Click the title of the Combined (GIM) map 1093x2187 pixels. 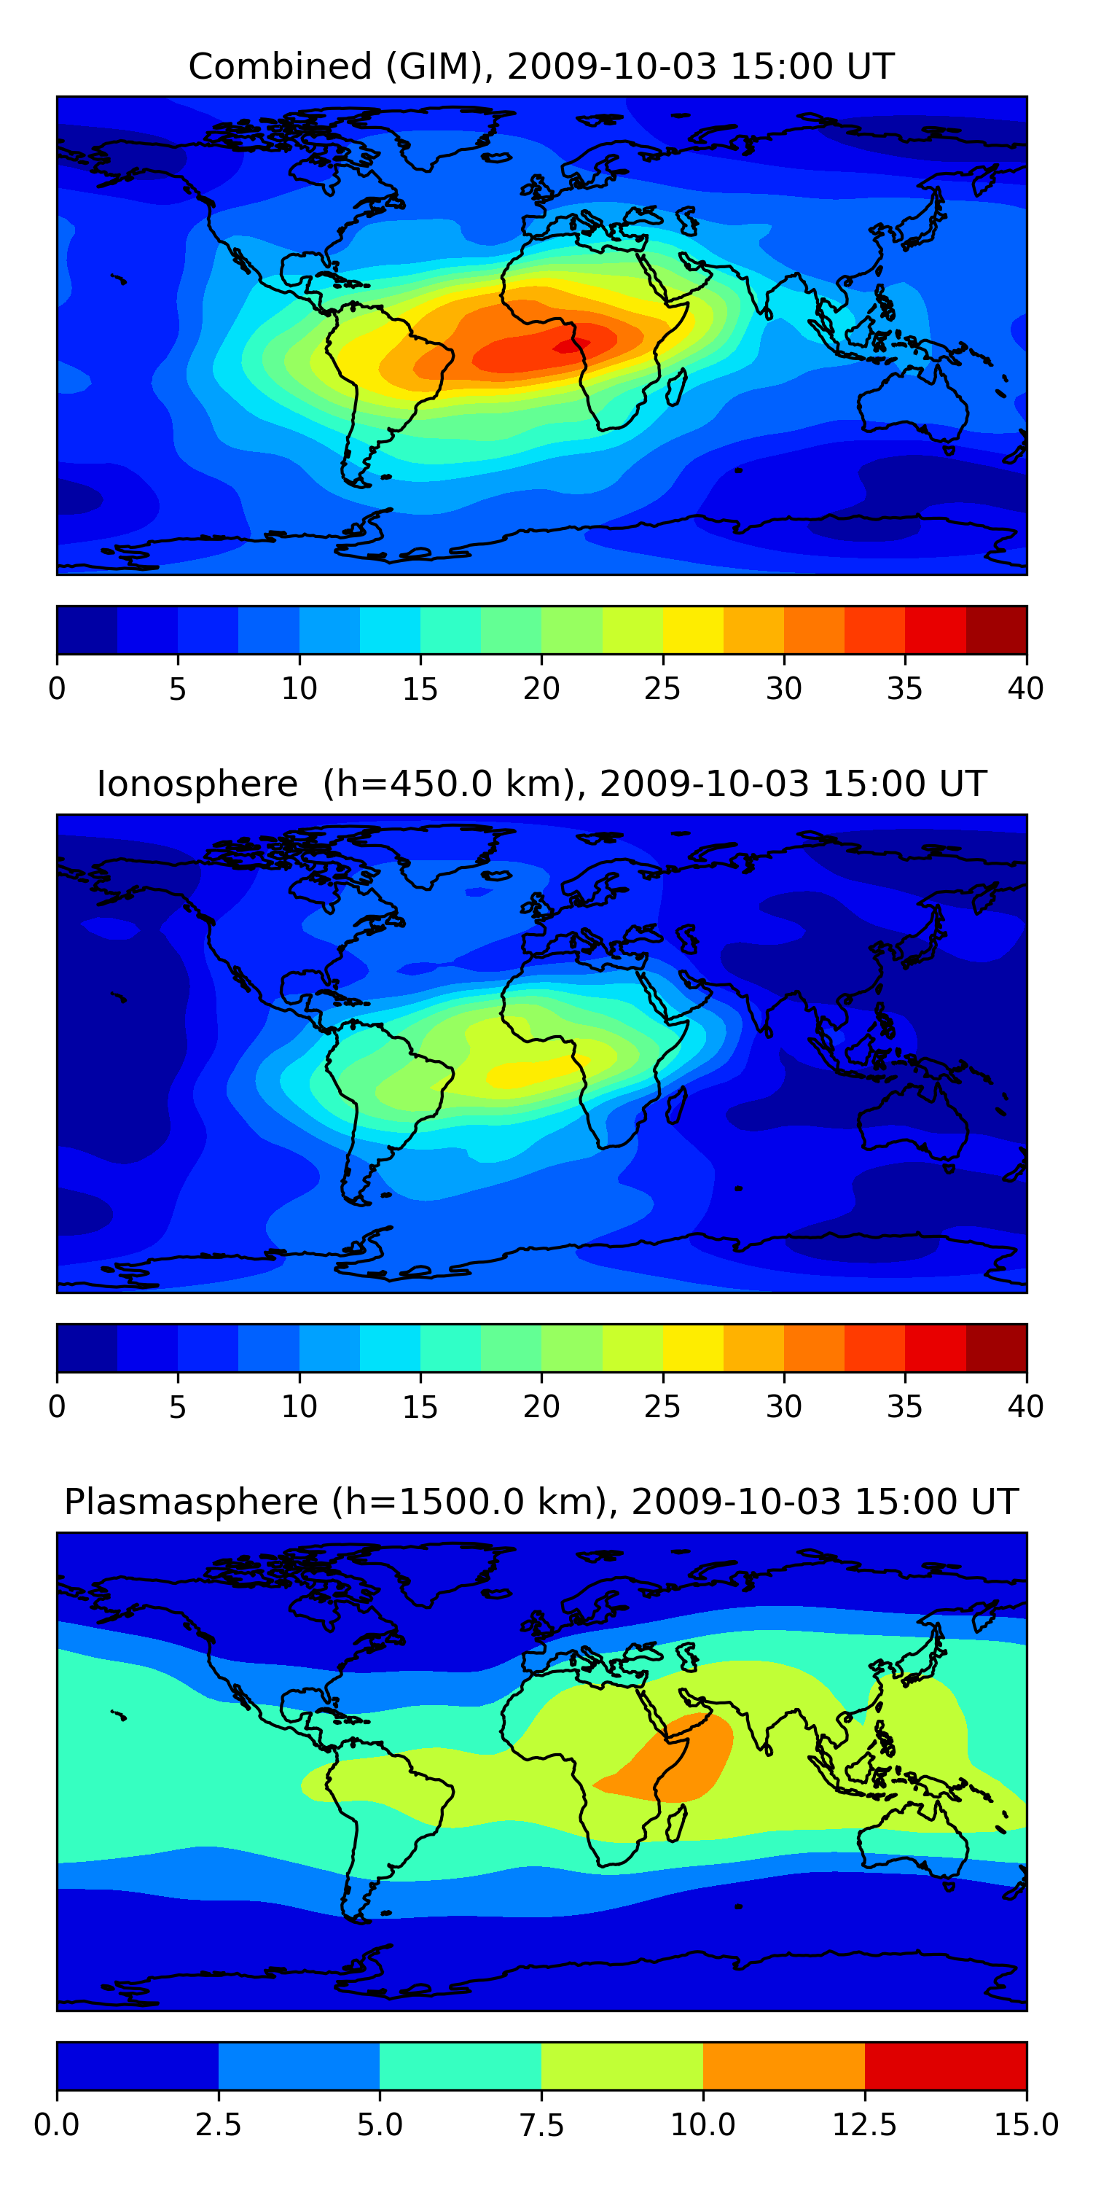541,66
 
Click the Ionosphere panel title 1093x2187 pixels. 541,784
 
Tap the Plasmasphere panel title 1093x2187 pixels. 541,1501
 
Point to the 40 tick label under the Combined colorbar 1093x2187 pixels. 1025,688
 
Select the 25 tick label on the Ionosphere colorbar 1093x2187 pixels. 662,1406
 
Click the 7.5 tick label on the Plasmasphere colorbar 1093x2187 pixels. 541,2124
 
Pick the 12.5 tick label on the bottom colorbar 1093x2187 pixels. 864,2124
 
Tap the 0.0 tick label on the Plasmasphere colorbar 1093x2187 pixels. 57,2124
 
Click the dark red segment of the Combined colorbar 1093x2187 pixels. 996,630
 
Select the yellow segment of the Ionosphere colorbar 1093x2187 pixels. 692,1347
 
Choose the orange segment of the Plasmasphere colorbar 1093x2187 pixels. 783,2065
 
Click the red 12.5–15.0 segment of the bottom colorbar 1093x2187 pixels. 945,2065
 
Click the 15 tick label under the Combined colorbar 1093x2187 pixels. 420,688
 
